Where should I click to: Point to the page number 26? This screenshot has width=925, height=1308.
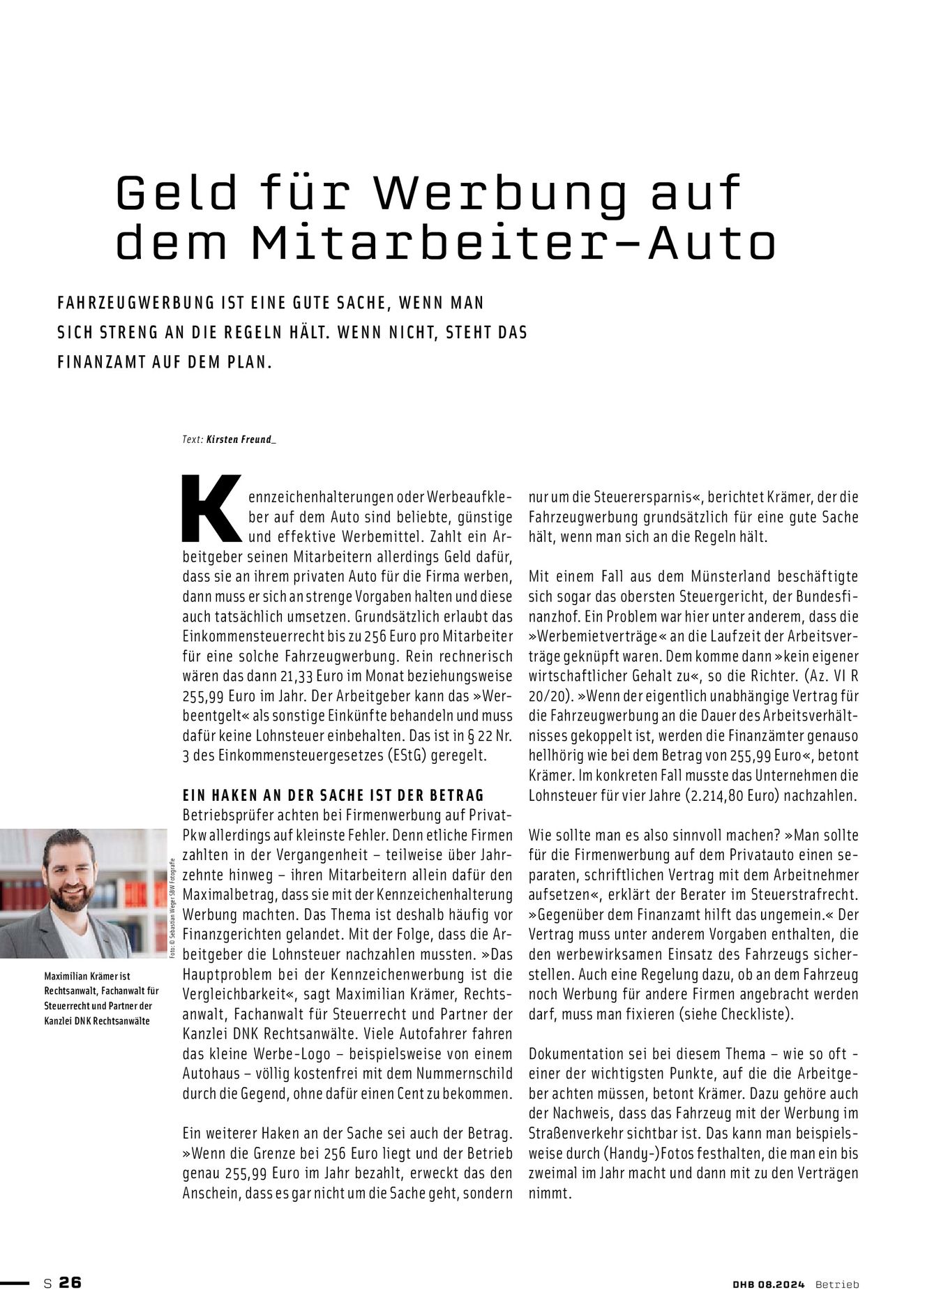click(70, 1281)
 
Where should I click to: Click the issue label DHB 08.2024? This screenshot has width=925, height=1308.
click(764, 1284)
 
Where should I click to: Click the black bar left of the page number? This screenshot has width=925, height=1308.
click(15, 1282)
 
